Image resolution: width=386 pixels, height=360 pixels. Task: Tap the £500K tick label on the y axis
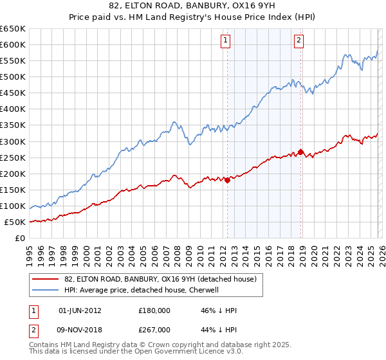point(13,76)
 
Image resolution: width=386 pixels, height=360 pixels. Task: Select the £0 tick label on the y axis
point(20,238)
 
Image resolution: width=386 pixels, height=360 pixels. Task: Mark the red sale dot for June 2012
point(227,181)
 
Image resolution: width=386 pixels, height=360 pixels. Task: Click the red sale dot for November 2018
point(300,152)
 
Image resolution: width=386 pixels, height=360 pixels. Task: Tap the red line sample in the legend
point(45,279)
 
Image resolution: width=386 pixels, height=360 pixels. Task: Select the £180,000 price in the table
point(154,310)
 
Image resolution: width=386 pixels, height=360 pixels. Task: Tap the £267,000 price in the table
point(154,329)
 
